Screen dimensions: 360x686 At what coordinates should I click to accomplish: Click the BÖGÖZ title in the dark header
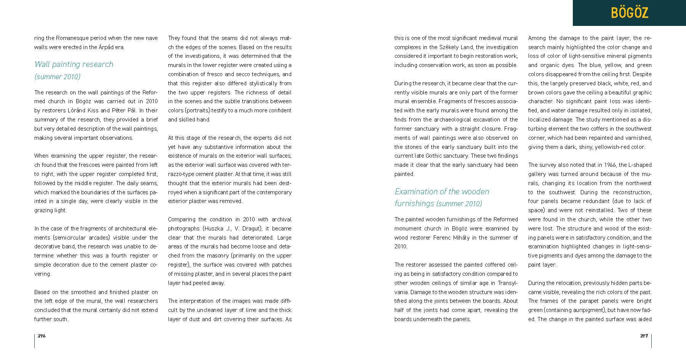coord(629,13)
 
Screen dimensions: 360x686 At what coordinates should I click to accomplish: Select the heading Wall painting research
coord(74,64)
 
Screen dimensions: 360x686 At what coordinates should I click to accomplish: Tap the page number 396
coord(42,336)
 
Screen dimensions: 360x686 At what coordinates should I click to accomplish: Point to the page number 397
coord(644,336)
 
